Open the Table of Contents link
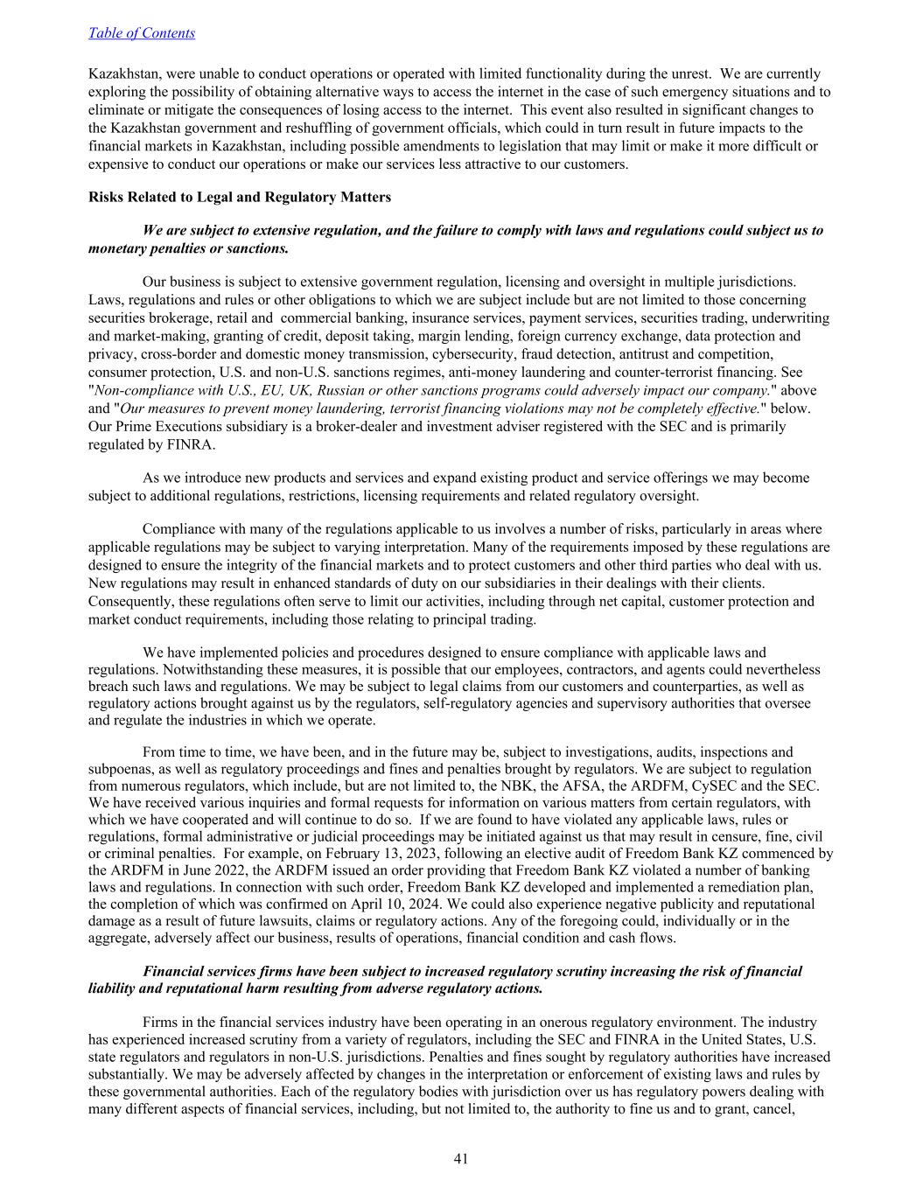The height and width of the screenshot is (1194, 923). tap(142, 33)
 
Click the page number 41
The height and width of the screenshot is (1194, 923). tap(461, 1159)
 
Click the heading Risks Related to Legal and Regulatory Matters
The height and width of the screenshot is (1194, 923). tap(240, 197)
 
